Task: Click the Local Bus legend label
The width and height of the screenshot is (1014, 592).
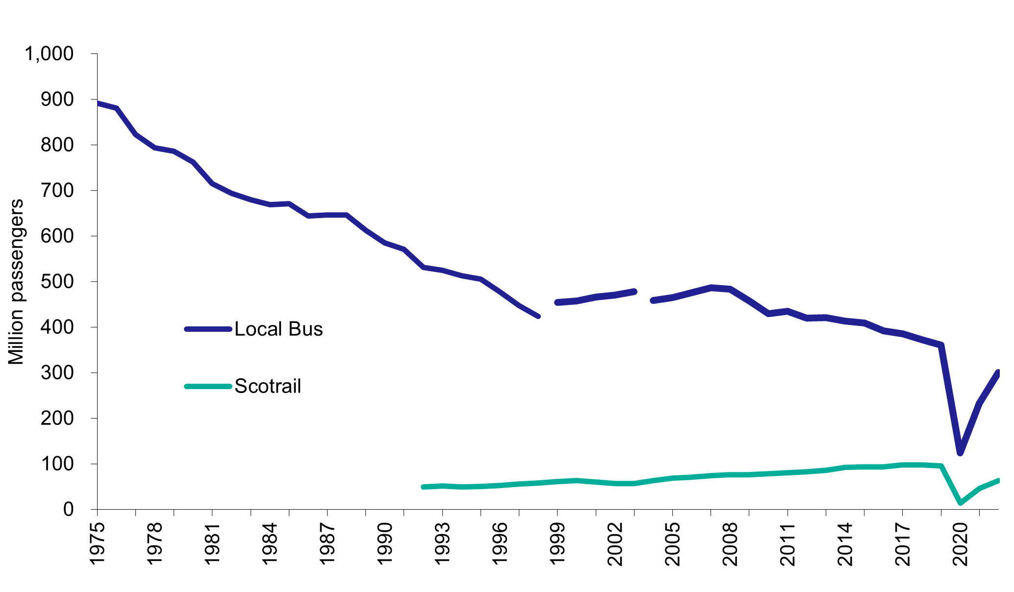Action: tap(279, 329)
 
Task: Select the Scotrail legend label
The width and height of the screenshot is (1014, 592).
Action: tap(268, 386)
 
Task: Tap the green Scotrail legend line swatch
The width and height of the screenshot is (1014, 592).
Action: tap(208, 386)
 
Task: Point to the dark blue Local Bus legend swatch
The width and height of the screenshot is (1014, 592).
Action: tap(208, 329)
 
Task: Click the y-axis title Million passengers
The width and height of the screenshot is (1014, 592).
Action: tap(16, 282)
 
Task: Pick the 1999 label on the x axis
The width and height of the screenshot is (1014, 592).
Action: tap(557, 544)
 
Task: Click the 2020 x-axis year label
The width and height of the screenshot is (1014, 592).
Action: tap(960, 544)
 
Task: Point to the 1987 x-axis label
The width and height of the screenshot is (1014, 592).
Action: tap(327, 544)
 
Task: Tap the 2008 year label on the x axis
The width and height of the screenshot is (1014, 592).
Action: tap(730, 544)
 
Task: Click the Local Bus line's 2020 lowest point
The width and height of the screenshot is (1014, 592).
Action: tap(960, 452)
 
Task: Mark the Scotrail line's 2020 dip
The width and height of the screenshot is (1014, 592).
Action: tap(960, 503)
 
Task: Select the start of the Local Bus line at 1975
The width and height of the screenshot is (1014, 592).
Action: tap(98, 103)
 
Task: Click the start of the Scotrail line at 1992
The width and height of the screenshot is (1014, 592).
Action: tap(424, 487)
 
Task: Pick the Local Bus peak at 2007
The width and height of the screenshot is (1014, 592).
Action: tap(711, 287)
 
